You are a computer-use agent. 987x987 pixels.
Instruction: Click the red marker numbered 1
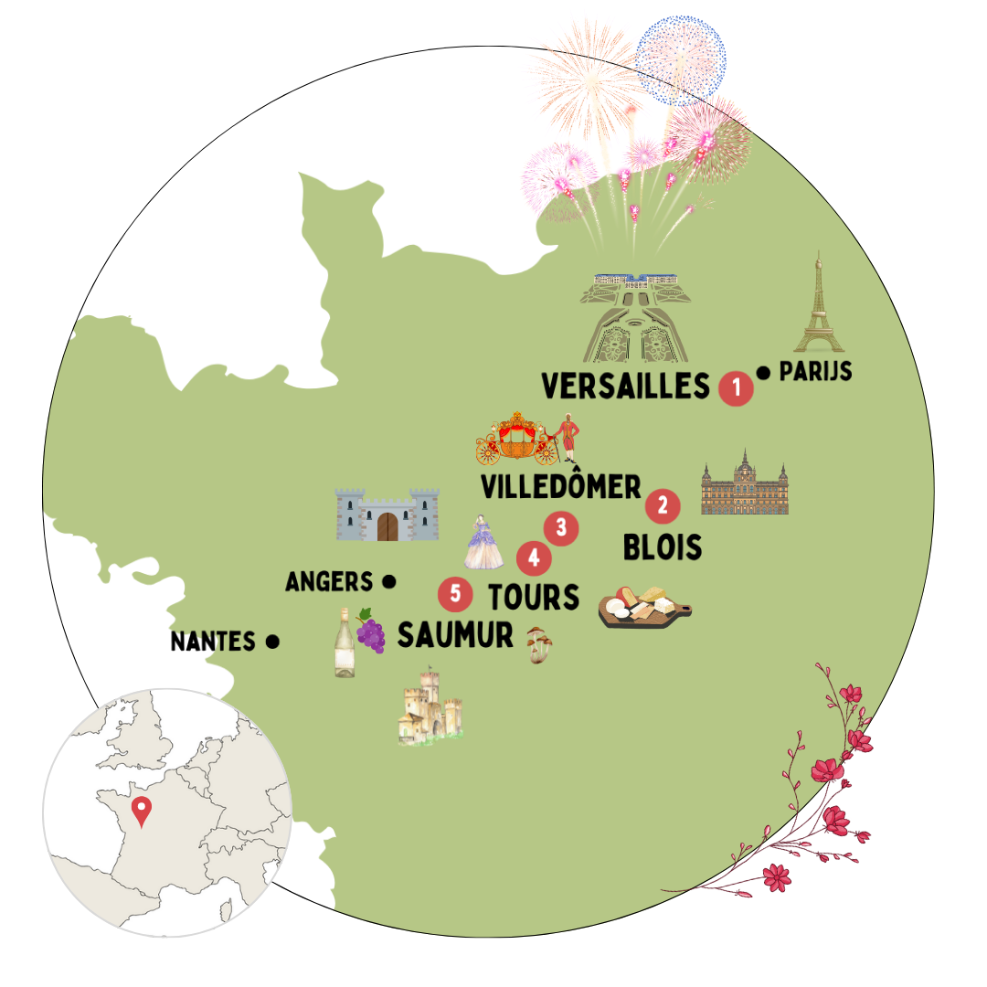736,387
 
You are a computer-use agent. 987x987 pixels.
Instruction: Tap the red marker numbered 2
663,505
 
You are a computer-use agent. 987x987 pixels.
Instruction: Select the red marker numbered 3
561,527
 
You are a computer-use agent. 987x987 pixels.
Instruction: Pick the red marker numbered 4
534,557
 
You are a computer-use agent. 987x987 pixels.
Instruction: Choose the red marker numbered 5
455,594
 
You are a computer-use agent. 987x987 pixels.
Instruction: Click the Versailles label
625,387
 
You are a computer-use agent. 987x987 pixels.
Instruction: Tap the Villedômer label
561,487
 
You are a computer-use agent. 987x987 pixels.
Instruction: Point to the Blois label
663,547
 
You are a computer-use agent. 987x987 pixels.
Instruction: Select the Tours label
534,597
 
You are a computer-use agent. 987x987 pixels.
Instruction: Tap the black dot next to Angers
388,581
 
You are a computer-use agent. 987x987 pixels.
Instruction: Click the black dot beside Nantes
271,642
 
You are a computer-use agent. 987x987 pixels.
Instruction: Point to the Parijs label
815,372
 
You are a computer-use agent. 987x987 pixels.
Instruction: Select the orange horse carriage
517,439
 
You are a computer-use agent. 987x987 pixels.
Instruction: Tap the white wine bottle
345,643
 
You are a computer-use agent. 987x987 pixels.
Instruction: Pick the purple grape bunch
370,631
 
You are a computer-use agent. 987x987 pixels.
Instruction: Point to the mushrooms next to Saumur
539,644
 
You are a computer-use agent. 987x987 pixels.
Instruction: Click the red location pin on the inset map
141,811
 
